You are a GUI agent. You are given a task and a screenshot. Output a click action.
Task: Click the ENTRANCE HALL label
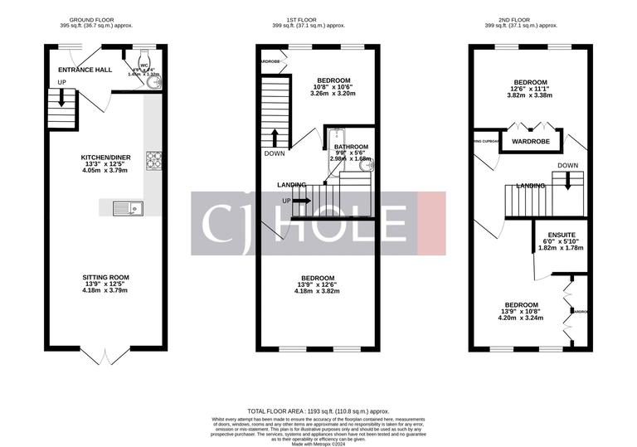click(x=85, y=70)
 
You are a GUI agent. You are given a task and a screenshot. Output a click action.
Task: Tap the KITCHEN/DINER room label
click(x=105, y=158)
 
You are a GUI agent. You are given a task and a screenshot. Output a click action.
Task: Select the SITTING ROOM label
click(x=105, y=277)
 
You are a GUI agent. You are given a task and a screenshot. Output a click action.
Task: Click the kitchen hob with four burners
click(x=154, y=159)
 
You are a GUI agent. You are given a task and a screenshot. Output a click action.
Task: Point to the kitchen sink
click(x=130, y=209)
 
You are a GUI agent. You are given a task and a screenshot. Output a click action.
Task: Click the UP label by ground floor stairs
click(x=61, y=82)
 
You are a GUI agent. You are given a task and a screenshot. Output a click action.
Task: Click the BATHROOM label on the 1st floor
click(x=351, y=147)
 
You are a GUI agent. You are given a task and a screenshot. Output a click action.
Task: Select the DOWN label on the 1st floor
click(x=275, y=153)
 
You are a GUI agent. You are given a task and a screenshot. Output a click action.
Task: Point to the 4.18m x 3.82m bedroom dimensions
click(x=318, y=291)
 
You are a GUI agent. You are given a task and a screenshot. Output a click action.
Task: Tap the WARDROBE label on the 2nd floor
click(x=530, y=142)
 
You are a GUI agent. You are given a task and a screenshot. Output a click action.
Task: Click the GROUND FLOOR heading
click(x=90, y=19)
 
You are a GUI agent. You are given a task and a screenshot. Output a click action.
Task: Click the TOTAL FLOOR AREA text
click(x=318, y=411)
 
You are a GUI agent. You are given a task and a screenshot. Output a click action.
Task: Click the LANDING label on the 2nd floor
click(x=530, y=186)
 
